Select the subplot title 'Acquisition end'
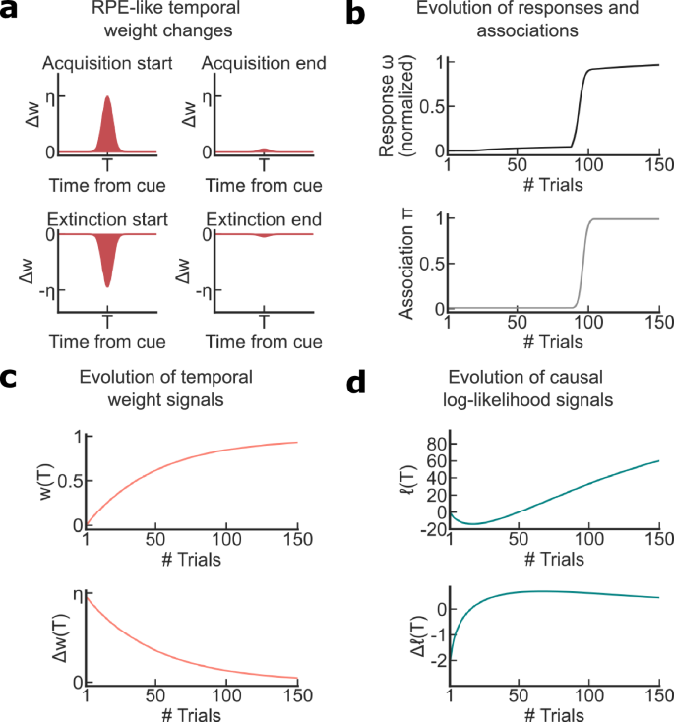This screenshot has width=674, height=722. (263, 65)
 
